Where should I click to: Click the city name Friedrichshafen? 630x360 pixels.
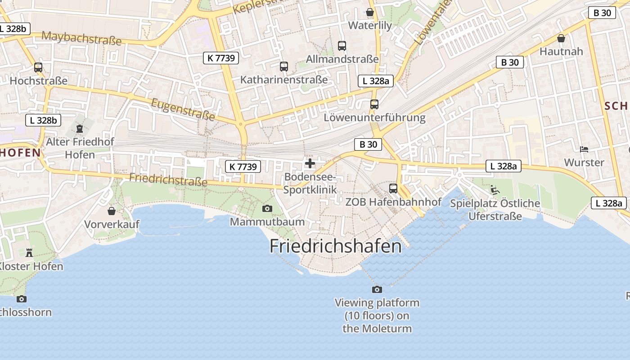(335, 246)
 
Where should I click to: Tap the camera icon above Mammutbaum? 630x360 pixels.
(267, 208)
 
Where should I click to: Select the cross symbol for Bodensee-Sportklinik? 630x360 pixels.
(310, 163)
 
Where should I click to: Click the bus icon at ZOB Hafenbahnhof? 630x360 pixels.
(393, 189)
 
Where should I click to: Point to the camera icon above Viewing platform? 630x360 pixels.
(377, 289)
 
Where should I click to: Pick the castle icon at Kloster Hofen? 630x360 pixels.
(29, 252)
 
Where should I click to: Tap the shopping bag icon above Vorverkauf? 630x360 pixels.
(112, 211)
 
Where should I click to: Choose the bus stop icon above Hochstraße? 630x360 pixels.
(38, 67)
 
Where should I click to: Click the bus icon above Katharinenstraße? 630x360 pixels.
(284, 67)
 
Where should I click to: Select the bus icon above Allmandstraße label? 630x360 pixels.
(342, 45)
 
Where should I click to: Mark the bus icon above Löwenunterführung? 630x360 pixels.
(374, 104)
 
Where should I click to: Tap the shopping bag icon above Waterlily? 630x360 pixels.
(370, 12)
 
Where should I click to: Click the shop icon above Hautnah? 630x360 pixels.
(561, 38)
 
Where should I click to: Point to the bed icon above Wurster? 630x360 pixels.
(584, 149)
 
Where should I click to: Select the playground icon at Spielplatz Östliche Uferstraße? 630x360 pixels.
(495, 190)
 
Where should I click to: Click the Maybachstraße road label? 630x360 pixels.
(81, 38)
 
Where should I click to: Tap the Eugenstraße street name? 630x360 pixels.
(183, 109)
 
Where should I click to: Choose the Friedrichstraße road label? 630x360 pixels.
(168, 179)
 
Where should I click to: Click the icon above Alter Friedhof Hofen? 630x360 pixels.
(80, 129)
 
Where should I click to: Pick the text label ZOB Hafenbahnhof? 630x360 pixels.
(393, 202)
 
